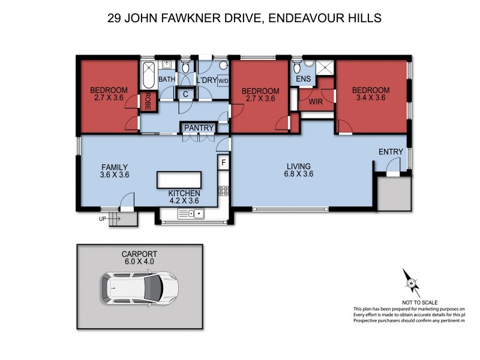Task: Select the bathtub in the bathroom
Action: click(148, 75)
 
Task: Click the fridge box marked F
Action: click(224, 162)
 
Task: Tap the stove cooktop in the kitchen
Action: click(224, 191)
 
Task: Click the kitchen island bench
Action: click(179, 179)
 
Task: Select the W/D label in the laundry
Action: click(223, 81)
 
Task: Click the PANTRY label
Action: click(197, 128)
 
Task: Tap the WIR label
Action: click(316, 102)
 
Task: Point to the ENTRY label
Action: click(390, 152)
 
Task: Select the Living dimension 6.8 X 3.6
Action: click(299, 174)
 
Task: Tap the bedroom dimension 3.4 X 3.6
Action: click(371, 98)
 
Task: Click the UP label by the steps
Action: click(103, 219)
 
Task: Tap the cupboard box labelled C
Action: click(186, 94)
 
